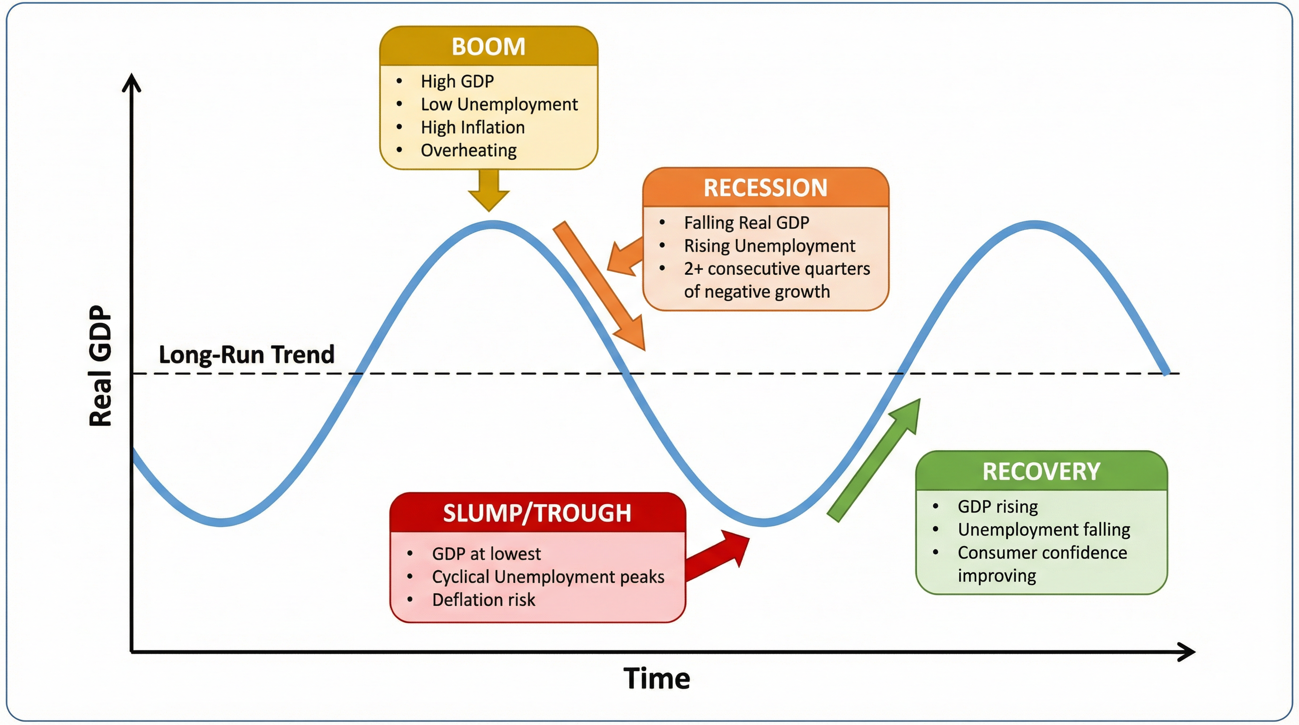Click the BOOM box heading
(x=488, y=46)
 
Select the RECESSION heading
(x=765, y=188)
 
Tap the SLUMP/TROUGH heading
(x=537, y=513)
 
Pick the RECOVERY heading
(x=1041, y=472)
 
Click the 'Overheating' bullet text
(x=468, y=150)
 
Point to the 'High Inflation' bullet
(x=472, y=127)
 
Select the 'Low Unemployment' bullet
(x=499, y=104)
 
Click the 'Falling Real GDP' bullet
(x=746, y=222)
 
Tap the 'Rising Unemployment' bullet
(x=769, y=245)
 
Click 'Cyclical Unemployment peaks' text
(x=548, y=577)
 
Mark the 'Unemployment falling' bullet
(x=1043, y=530)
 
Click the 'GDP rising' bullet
(x=997, y=506)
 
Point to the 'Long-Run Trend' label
(x=246, y=354)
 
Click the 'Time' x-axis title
(x=656, y=678)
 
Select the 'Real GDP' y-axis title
(x=100, y=365)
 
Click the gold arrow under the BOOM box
(x=489, y=190)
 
